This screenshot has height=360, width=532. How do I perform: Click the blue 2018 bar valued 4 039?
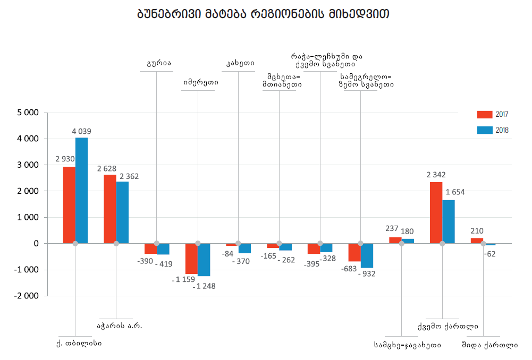81,190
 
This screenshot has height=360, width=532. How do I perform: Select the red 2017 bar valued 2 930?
69,204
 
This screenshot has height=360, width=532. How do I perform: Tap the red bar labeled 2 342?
436,212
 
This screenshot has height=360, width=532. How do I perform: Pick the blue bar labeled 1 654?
449,221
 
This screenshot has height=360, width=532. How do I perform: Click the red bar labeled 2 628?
110,209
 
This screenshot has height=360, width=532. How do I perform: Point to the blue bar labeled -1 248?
204,260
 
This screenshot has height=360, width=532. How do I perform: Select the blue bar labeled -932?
367,255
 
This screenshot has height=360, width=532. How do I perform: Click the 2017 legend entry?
492,115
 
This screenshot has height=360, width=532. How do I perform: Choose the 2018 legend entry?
492,130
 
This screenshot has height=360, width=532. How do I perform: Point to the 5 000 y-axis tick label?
28,113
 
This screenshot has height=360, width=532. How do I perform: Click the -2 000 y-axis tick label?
27,296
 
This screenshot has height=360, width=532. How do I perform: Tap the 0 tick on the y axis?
36,244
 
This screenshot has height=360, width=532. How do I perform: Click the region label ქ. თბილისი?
79,343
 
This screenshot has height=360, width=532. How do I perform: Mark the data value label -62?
489,254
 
